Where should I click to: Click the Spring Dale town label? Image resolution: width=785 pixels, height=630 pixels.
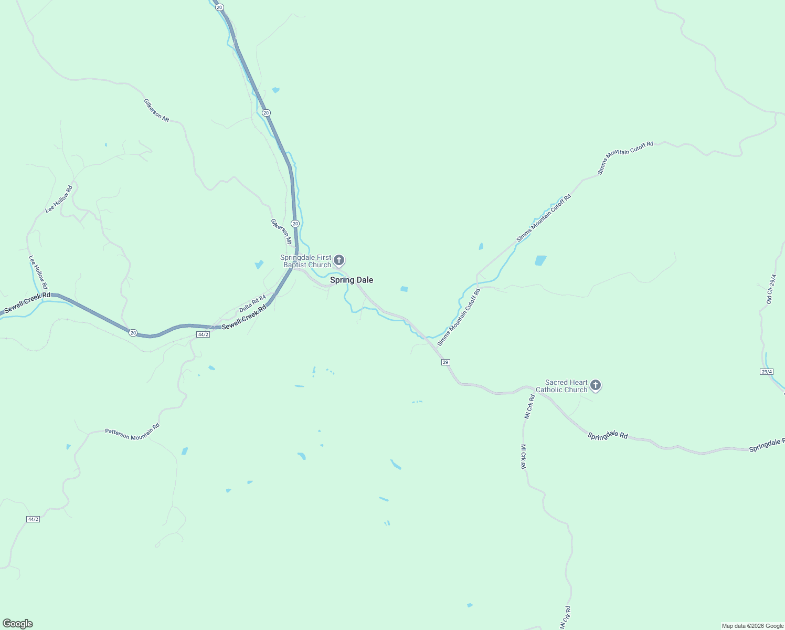click(352, 280)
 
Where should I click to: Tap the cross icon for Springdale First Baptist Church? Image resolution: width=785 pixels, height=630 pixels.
click(339, 260)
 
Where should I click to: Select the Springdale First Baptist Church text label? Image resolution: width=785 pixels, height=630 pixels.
click(306, 261)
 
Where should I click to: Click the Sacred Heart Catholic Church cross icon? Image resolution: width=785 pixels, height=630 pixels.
click(595, 385)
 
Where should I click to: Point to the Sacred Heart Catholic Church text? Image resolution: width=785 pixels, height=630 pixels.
click(566, 386)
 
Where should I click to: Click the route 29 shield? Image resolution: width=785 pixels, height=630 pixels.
click(445, 362)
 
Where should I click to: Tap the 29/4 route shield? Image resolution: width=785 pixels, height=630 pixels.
click(767, 372)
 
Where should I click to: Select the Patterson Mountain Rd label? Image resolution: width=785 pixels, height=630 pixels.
click(132, 432)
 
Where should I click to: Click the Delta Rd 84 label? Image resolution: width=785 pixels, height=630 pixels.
click(252, 304)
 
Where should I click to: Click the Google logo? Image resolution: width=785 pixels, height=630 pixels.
click(18, 624)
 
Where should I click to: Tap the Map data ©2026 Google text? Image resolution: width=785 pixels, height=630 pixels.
click(752, 626)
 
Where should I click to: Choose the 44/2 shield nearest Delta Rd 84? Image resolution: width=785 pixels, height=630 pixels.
click(203, 334)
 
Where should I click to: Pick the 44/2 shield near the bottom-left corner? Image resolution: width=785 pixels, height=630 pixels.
click(33, 519)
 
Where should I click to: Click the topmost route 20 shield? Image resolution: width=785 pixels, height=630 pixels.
click(219, 7)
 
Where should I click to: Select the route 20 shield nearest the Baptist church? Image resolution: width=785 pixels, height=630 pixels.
click(295, 224)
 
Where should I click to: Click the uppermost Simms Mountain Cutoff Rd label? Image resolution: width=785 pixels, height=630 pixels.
click(625, 157)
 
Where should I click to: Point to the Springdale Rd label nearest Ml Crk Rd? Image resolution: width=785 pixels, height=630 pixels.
click(608, 436)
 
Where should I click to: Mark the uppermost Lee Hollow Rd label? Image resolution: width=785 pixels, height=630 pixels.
click(59, 199)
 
